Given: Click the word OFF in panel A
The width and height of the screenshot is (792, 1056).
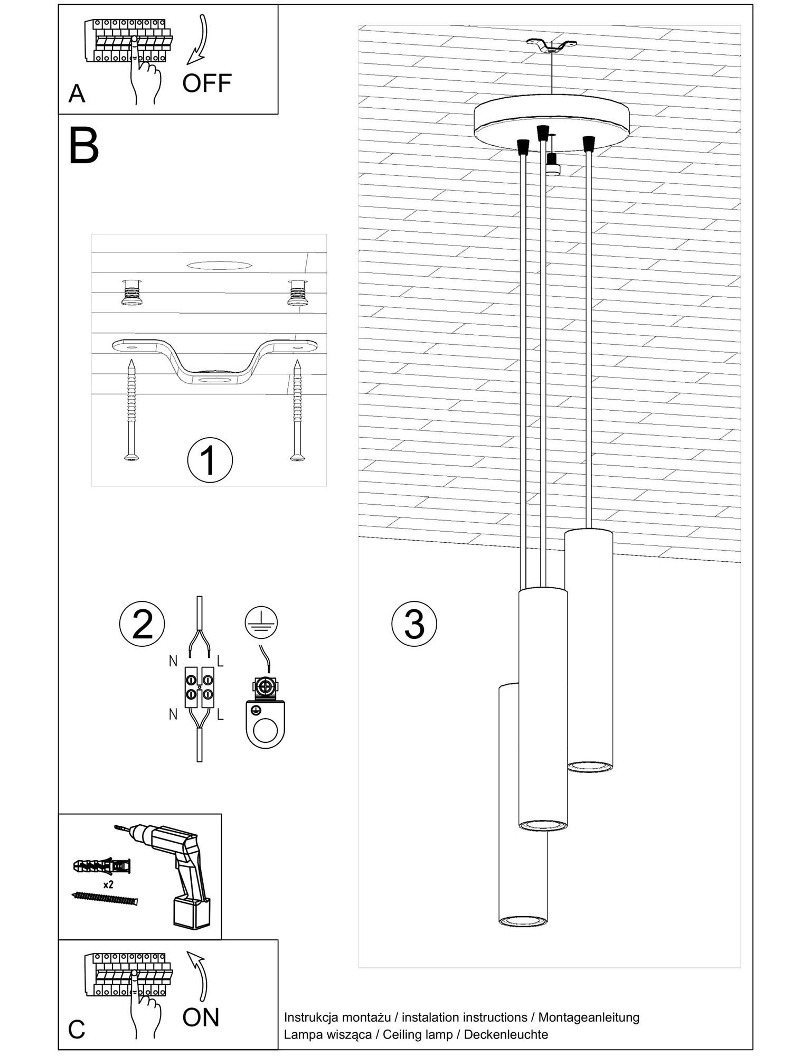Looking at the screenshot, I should point(207,83).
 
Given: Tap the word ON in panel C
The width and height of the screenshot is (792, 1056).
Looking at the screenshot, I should point(201,1017).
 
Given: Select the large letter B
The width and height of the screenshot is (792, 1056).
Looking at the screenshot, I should point(83,146).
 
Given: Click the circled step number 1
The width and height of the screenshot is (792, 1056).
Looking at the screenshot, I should point(210,460).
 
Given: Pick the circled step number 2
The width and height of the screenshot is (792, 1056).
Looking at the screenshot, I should point(142,624).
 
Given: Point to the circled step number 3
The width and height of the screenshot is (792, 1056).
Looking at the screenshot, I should point(414,624).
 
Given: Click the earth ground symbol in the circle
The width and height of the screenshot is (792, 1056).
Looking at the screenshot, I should point(261,624).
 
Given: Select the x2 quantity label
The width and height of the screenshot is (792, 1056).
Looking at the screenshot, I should point(109,884).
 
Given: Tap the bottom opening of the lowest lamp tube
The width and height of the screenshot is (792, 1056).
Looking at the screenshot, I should point(523,921).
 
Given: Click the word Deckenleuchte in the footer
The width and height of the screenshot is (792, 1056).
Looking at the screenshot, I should point(506,1034).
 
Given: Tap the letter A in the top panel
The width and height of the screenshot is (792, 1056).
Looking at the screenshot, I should point(77,95).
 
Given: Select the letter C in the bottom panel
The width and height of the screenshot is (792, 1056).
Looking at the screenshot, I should point(77,1029).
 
